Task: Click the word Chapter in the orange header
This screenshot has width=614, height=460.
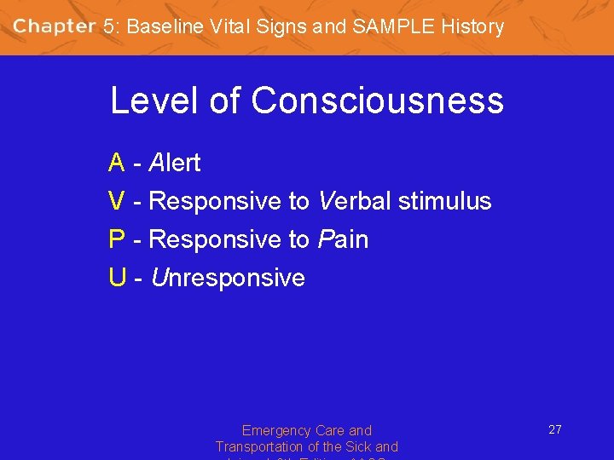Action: point(55,26)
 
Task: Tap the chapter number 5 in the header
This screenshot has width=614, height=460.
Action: point(108,26)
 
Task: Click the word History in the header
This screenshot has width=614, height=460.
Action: point(472,26)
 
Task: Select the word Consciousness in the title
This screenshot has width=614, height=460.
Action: point(377,101)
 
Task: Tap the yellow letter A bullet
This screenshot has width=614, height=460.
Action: point(117,162)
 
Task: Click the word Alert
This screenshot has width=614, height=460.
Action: point(175,162)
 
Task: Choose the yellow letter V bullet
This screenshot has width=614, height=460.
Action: point(117,201)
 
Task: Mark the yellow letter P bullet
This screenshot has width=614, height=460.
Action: point(117,240)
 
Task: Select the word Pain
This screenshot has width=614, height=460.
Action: point(343,240)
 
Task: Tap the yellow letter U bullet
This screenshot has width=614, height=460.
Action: point(117,279)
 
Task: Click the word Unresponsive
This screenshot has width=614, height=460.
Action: point(228,279)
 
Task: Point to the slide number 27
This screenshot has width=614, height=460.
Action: point(554,429)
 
